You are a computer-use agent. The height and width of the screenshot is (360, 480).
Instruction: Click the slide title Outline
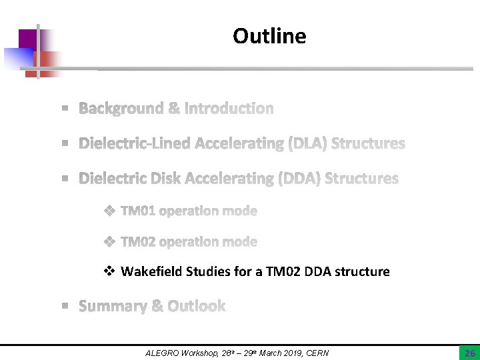coord(269,36)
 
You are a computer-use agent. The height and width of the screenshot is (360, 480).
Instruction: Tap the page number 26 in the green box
coord(469,353)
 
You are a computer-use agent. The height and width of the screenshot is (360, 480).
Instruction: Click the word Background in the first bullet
coord(121,108)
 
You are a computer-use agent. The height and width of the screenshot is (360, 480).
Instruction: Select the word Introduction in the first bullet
coord(229,108)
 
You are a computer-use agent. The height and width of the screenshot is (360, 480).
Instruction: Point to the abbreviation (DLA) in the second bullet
coord(307,143)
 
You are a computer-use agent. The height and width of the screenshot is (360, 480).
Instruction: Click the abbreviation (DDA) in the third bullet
coord(299,179)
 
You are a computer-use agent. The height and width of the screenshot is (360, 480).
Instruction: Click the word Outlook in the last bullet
coord(197,306)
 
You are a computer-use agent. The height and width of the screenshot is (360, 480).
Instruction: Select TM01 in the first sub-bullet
coord(138,211)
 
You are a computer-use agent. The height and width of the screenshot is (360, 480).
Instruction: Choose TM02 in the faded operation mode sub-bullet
coord(138,241)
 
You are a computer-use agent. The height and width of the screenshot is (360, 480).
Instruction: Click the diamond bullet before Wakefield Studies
coord(110,271)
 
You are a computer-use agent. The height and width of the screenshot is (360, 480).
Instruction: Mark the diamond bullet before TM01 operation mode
coord(110,211)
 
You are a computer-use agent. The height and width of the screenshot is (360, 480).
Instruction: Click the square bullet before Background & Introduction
coord(65,108)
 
